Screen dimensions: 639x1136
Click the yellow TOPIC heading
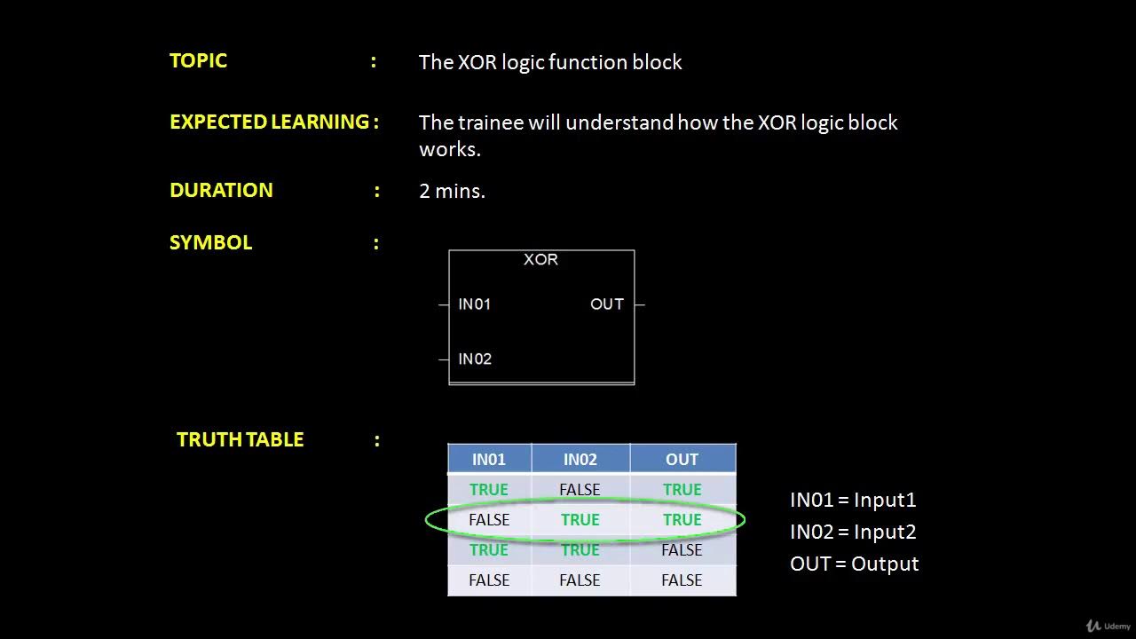pyautogui.click(x=198, y=60)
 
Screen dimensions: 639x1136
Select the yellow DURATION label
pyautogui.click(x=221, y=190)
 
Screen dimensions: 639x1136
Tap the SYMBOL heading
pyautogui.click(x=210, y=242)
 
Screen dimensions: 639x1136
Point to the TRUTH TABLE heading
pyautogui.click(x=240, y=439)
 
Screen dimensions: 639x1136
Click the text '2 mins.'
pyautogui.click(x=452, y=191)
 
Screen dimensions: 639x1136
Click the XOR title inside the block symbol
pyautogui.click(x=540, y=259)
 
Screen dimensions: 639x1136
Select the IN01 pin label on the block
pyautogui.click(x=474, y=304)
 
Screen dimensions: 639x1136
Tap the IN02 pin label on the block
pyautogui.click(x=474, y=359)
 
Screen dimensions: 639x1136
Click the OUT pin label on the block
pyautogui.click(x=606, y=304)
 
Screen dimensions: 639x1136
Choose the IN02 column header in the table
pyautogui.click(x=580, y=459)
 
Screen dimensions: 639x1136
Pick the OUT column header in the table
pyautogui.click(x=682, y=459)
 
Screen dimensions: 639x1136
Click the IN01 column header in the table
pyautogui.click(x=488, y=459)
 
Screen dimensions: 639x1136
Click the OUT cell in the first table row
pyautogui.click(x=682, y=489)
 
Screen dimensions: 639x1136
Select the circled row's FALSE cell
pyautogui.click(x=488, y=520)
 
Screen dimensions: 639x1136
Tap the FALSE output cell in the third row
pyautogui.click(x=682, y=550)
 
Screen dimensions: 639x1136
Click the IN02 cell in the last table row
pyautogui.click(x=580, y=580)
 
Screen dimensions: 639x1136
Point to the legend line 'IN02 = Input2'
pyautogui.click(x=852, y=532)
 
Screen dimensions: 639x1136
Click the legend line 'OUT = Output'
pyautogui.click(x=854, y=564)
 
